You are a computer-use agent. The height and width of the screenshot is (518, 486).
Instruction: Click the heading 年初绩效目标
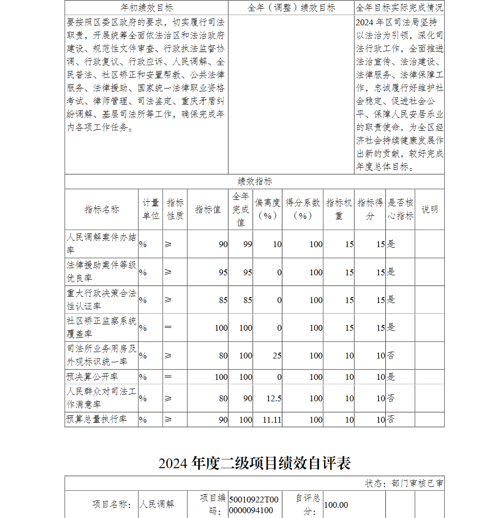(x=146, y=8)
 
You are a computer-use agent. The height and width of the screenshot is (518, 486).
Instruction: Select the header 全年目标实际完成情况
(x=399, y=8)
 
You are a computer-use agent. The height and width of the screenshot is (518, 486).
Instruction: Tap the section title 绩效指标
(x=255, y=181)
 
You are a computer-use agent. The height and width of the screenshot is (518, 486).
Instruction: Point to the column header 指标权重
(x=339, y=209)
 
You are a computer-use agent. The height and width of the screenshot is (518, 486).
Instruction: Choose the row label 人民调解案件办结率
(x=101, y=244)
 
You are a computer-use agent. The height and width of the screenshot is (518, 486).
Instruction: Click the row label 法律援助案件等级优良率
(x=101, y=272)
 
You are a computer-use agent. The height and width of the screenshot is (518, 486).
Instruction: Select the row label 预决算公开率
(x=92, y=377)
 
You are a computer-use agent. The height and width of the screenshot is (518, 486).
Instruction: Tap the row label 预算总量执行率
(x=96, y=419)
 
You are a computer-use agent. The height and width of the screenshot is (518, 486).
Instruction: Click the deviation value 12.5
(x=274, y=398)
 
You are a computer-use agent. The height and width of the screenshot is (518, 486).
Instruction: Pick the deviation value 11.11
(x=272, y=420)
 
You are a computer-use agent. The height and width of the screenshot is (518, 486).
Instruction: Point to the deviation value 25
(x=277, y=356)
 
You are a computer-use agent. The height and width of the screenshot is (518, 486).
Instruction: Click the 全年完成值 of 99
(x=248, y=244)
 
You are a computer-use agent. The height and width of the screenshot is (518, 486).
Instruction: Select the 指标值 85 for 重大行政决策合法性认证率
(x=223, y=300)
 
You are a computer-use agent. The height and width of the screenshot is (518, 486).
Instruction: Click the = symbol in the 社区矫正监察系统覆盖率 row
(x=168, y=327)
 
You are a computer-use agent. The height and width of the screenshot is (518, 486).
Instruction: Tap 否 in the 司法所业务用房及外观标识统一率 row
(x=391, y=356)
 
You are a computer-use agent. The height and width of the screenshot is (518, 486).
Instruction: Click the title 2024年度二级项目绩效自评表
(x=255, y=463)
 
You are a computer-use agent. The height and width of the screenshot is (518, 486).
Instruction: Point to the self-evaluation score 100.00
(x=336, y=505)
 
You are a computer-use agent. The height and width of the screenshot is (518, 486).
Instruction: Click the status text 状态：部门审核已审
(x=404, y=483)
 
